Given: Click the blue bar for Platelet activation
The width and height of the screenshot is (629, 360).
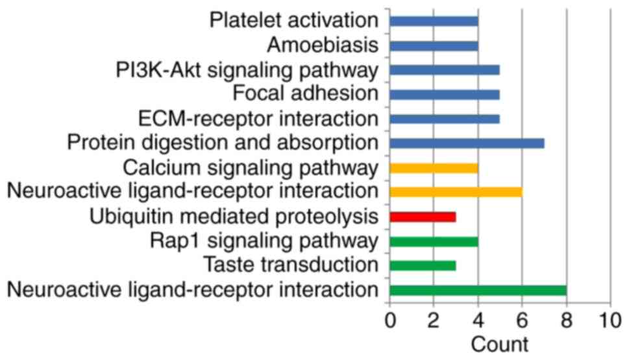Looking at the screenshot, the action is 434,21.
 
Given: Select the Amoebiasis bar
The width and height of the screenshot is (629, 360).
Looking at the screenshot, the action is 434,45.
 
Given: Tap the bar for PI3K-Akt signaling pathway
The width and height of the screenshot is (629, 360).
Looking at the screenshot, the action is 445,70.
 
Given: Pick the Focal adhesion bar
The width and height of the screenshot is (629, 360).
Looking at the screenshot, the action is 445,95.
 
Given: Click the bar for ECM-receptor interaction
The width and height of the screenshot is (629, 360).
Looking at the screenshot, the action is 445,119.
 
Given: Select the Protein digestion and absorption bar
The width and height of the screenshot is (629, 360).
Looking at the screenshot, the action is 467,143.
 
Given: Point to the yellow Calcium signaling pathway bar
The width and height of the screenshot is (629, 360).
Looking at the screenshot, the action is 434,168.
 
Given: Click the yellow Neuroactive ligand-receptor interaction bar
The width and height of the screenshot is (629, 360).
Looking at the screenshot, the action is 456,192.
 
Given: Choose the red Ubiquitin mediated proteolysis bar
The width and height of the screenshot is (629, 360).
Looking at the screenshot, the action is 423,217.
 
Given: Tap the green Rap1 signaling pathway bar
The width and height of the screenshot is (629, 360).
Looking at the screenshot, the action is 434,241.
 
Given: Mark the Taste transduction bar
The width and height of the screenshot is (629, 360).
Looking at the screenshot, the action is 423,265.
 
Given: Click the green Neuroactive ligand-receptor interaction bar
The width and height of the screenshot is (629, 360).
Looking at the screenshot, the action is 478,290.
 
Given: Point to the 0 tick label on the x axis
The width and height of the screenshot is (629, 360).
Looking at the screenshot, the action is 390,320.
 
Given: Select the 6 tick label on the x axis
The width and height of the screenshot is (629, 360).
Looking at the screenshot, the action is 523,320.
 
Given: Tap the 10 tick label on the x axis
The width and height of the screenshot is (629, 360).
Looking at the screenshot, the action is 610,320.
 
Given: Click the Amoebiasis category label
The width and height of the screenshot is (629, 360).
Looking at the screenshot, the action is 323,45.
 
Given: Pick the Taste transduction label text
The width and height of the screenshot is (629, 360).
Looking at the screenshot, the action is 290,265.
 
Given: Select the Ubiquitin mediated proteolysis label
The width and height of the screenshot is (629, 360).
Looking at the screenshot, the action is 234,217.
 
